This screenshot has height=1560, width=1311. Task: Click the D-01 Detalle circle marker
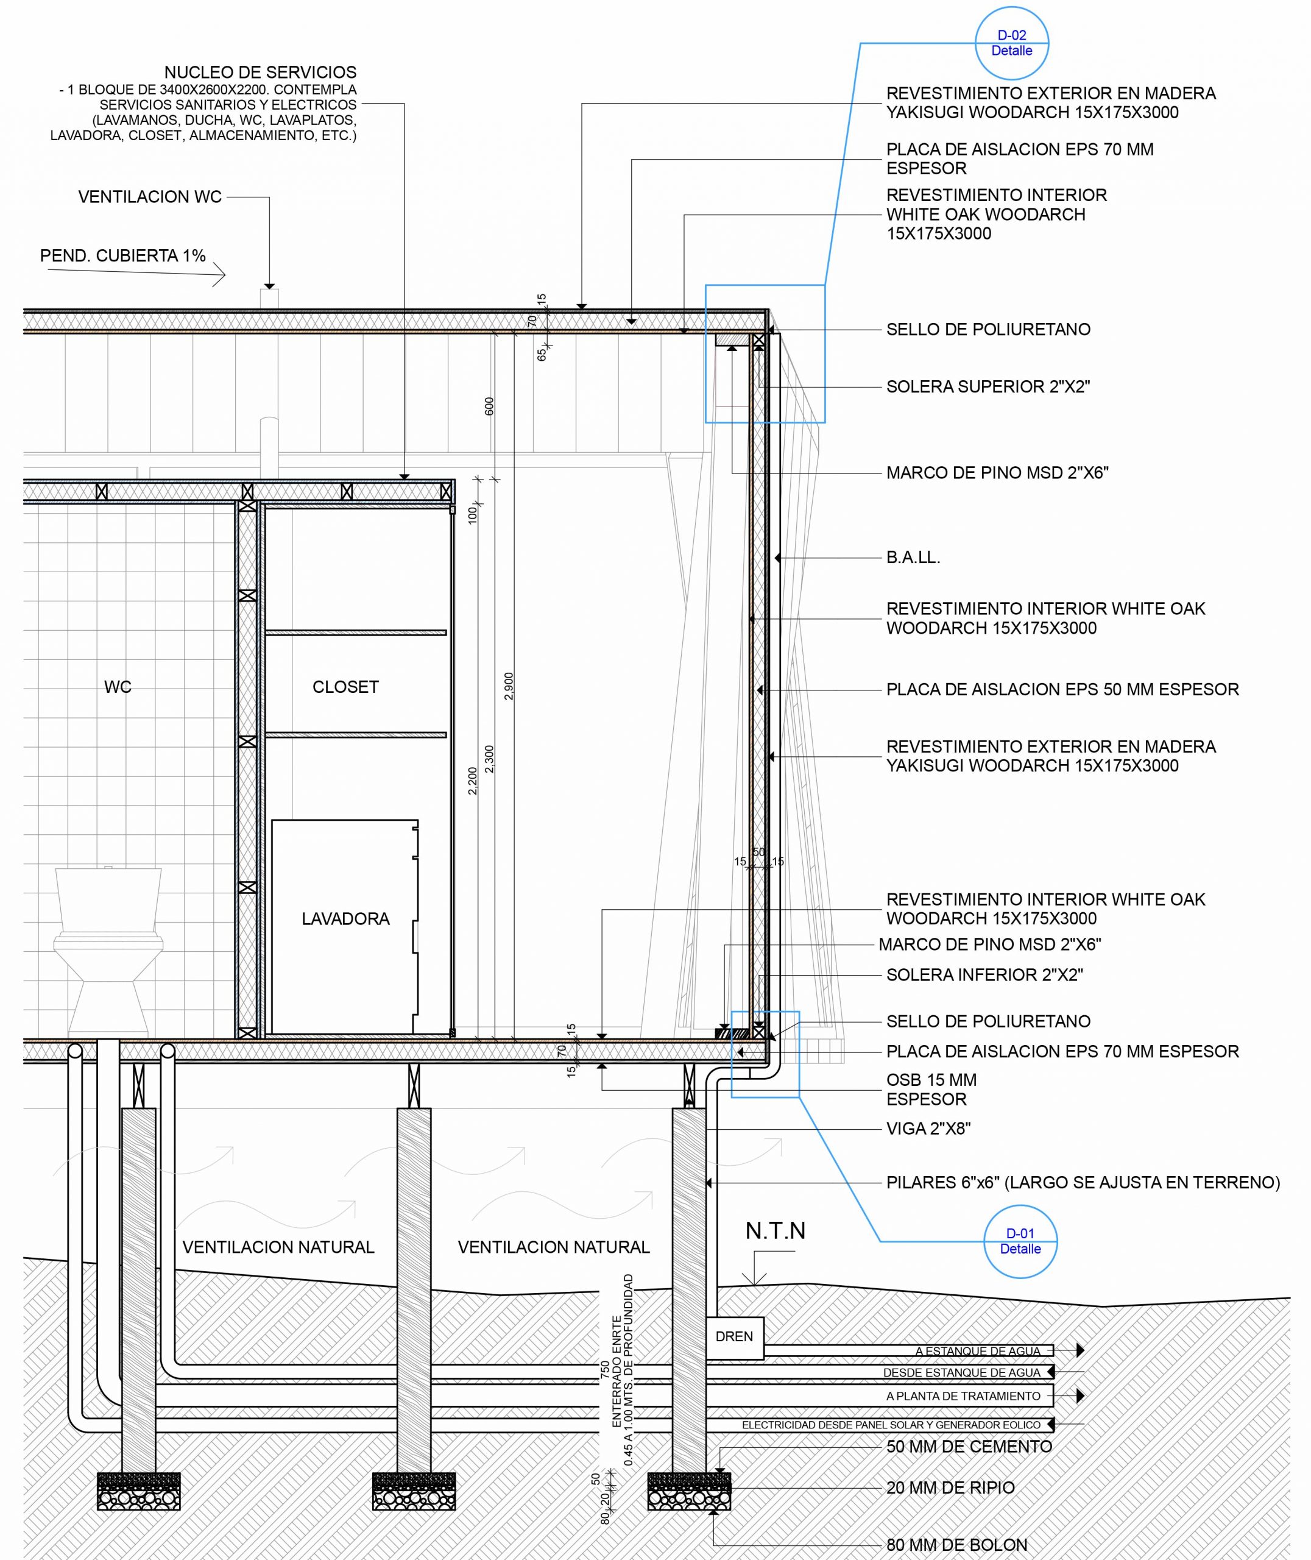(x=1020, y=1241)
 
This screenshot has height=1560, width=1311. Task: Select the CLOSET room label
(x=345, y=687)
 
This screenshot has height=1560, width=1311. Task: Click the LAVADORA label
(x=345, y=918)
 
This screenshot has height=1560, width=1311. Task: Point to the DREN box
(x=734, y=1336)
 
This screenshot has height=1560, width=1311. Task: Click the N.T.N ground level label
(x=775, y=1231)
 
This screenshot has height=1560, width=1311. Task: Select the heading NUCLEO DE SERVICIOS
(x=260, y=72)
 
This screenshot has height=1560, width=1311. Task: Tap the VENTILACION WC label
(x=150, y=197)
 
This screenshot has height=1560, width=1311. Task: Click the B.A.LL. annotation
(x=913, y=558)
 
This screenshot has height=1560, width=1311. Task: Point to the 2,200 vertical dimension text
(x=473, y=781)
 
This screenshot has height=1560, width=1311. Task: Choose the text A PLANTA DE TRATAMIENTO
(x=963, y=1395)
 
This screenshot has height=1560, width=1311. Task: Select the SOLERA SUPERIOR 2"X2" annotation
(x=988, y=386)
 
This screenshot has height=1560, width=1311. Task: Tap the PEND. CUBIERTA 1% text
(x=122, y=256)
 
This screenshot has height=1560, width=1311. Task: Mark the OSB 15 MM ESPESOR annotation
(x=931, y=1090)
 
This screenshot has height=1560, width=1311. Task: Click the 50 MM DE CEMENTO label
(x=969, y=1446)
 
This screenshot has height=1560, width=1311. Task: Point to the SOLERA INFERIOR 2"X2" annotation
(x=984, y=974)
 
